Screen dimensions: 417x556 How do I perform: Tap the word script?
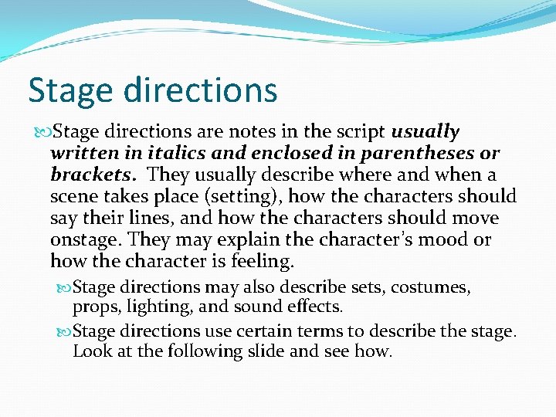point(361,132)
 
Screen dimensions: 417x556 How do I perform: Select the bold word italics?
point(173,154)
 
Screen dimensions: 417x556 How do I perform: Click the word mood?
point(443,240)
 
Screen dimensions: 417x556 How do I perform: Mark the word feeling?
point(262,262)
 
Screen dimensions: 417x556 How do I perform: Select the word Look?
point(90,351)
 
